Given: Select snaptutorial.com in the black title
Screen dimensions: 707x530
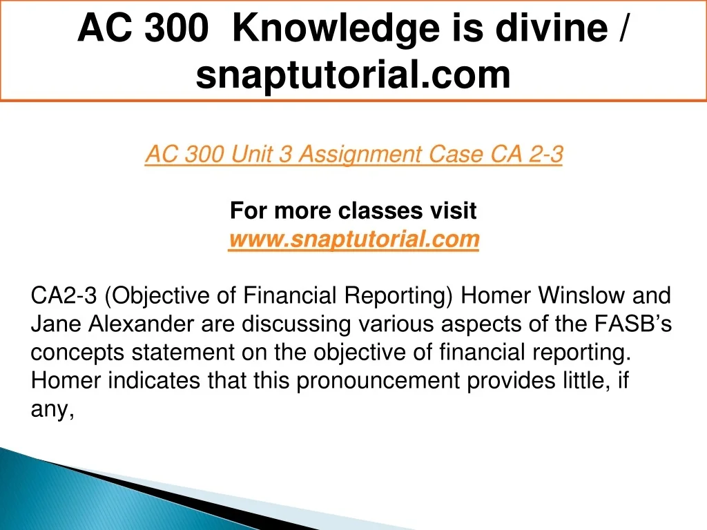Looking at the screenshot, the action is tap(353, 75).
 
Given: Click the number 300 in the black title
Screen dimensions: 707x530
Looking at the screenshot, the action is tap(177, 28).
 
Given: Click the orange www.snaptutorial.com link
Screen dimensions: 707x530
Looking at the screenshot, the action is tap(353, 239).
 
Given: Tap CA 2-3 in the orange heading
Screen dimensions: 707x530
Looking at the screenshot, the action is tap(527, 154).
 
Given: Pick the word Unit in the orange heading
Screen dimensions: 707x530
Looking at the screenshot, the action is tap(250, 154).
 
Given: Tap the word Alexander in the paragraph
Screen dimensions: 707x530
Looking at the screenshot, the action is tap(141, 324).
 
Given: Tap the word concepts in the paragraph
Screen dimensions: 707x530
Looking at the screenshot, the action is tap(77, 353).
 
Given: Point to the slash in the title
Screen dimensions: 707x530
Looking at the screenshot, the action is tap(622, 28).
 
